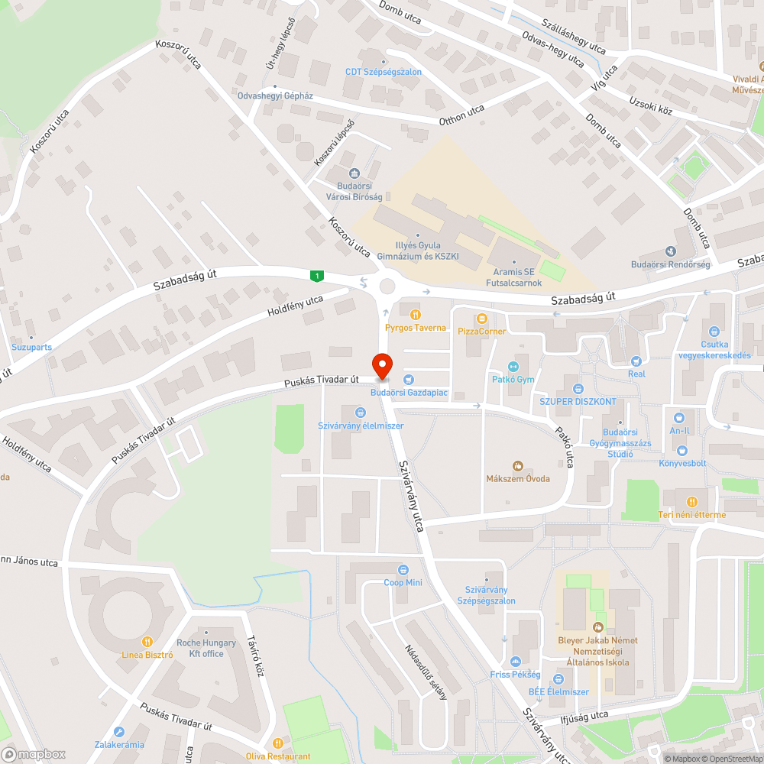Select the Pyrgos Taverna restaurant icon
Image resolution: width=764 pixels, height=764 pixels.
[415, 314]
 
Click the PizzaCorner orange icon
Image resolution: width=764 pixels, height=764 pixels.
[481, 318]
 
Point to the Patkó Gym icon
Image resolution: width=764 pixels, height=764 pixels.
[513, 367]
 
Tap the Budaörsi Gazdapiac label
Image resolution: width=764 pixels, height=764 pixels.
[409, 393]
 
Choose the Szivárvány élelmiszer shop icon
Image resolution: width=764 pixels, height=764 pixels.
[360, 413]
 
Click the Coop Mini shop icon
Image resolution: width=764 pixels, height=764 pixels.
[403, 570]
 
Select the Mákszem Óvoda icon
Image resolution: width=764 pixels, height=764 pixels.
[517, 465]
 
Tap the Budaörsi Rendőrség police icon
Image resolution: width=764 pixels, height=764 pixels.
[671, 251]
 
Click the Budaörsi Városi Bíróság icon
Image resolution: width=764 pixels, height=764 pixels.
[353, 173]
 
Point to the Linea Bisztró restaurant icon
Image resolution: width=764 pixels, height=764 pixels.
[147, 642]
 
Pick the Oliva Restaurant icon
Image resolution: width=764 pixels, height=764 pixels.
[278, 743]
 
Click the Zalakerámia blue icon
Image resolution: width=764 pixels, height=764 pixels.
[118, 731]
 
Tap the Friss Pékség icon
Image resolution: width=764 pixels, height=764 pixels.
[515, 662]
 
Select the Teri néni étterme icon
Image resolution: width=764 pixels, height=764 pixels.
[692, 501]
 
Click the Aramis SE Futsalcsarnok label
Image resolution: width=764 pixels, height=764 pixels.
[513, 277]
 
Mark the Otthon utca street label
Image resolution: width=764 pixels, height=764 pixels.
[461, 115]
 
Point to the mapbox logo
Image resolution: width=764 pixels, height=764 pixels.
[34, 754]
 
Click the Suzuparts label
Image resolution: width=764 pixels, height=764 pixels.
[32, 347]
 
